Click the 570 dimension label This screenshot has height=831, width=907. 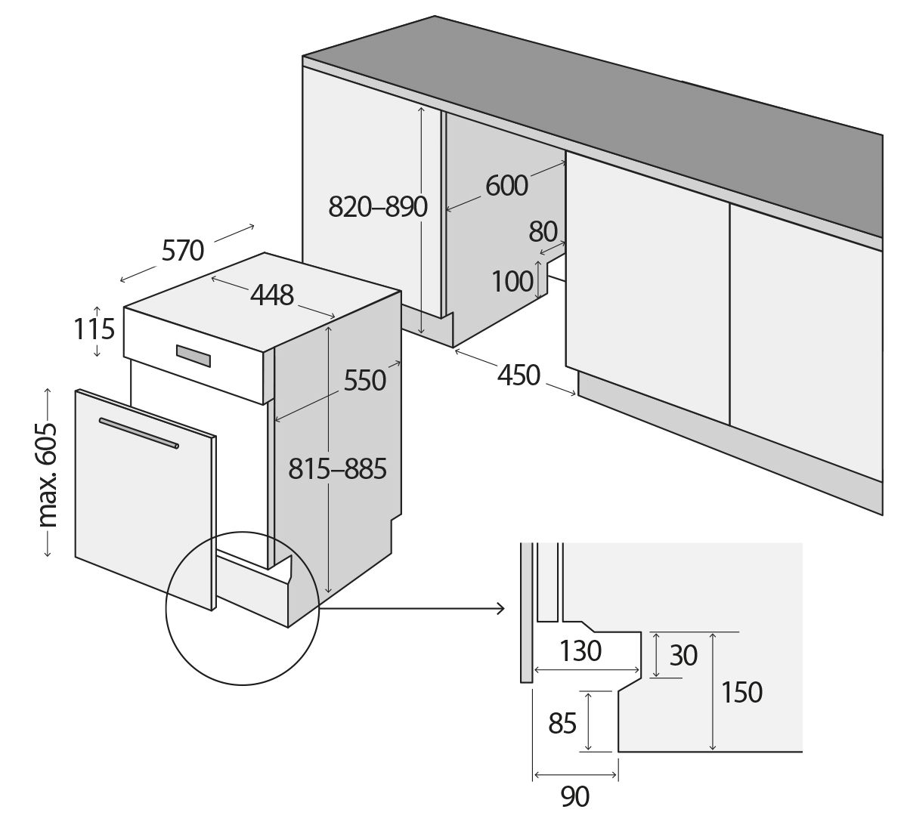click(x=182, y=250)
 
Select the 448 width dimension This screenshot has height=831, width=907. click(x=272, y=295)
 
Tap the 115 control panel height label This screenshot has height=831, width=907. click(x=94, y=330)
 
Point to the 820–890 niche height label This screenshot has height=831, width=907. click(x=378, y=206)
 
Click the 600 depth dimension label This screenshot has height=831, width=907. click(x=506, y=185)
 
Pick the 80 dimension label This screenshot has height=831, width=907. click(x=543, y=231)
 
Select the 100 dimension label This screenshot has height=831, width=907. click(x=512, y=282)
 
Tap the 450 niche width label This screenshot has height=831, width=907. click(x=519, y=375)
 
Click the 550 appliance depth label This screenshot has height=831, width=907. click(x=365, y=380)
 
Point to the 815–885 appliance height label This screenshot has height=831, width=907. click(x=338, y=469)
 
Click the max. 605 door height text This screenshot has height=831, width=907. click(x=48, y=473)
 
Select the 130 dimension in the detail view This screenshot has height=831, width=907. click(x=580, y=650)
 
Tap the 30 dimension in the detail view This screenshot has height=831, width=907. click(x=683, y=656)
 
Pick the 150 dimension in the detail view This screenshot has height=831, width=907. click(x=742, y=692)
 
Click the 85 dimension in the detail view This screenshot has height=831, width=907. click(x=562, y=723)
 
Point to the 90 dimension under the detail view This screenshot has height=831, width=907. click(x=575, y=796)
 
